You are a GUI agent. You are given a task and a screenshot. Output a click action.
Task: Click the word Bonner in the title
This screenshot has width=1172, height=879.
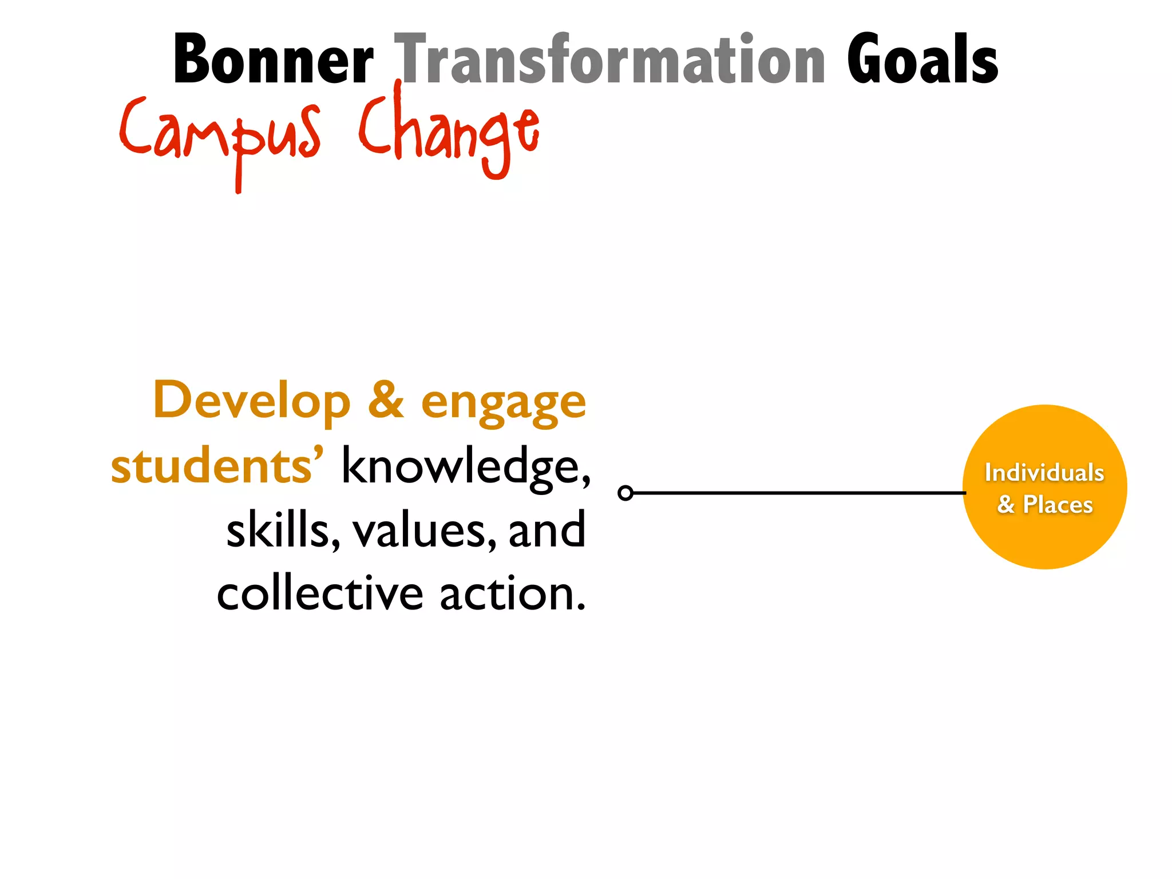274,60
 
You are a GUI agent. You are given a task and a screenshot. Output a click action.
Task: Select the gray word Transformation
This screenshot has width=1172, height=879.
610,60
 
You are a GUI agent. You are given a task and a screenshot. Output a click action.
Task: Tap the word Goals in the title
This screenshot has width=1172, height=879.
922,60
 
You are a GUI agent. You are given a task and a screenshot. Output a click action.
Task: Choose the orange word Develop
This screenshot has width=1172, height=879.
252,401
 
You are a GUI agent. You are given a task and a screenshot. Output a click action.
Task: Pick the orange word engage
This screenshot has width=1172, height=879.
504,403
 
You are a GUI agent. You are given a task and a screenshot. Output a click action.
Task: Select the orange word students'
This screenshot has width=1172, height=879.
217,466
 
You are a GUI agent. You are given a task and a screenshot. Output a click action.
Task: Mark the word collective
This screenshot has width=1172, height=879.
320,594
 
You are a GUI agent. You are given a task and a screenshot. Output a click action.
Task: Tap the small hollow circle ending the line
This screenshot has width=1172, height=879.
625,493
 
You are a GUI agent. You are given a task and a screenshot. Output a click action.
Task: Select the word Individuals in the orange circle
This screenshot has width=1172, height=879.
1044,473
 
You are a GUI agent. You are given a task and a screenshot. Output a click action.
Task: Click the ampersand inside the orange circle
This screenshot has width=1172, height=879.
1005,505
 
